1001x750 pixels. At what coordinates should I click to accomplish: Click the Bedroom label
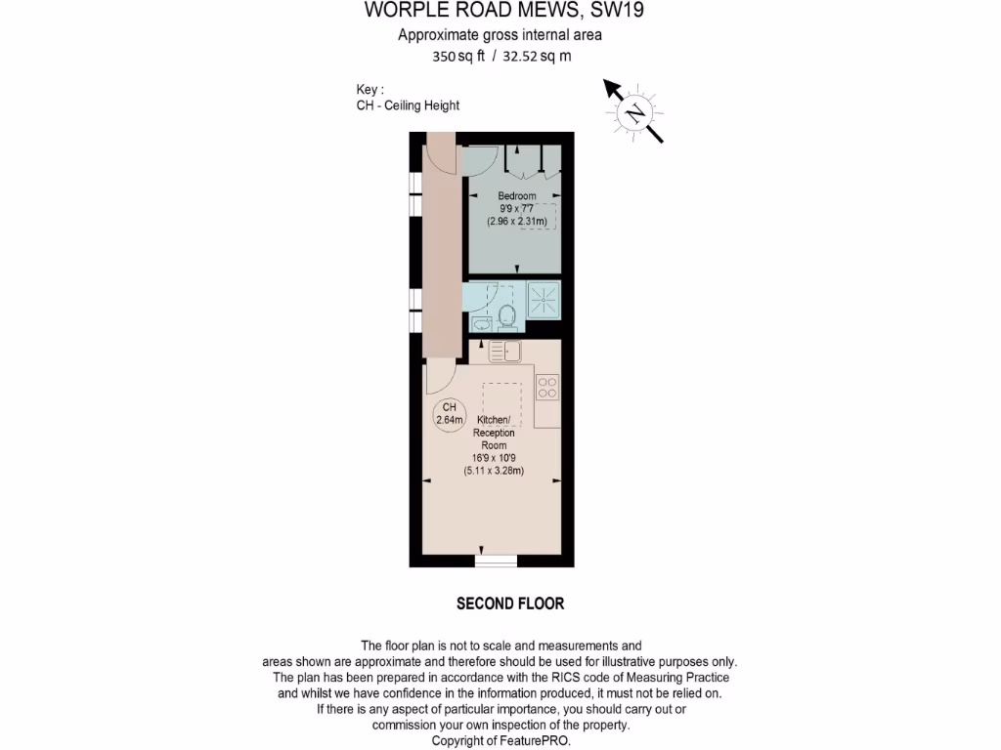[x=516, y=196]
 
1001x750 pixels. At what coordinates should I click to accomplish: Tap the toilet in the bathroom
[x=506, y=315]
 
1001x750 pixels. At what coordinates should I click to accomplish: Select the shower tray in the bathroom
[x=544, y=299]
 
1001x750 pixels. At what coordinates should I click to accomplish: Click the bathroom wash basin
[x=480, y=323]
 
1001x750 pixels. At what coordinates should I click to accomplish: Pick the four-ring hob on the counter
[x=547, y=388]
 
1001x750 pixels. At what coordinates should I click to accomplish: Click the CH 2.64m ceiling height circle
[x=449, y=413]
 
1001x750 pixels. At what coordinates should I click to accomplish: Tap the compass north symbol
[x=635, y=112]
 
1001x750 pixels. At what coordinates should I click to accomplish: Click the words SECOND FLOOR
[x=510, y=604]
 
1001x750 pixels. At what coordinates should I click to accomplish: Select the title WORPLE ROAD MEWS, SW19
[x=504, y=11]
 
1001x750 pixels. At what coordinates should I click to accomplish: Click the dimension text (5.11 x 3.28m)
[x=494, y=471]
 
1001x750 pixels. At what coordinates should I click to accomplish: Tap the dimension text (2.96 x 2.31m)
[x=517, y=222]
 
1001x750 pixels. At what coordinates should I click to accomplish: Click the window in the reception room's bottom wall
[x=496, y=561]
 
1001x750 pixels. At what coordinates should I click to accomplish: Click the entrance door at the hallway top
[x=440, y=152]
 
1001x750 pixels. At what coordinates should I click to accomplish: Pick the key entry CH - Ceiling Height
[x=408, y=105]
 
